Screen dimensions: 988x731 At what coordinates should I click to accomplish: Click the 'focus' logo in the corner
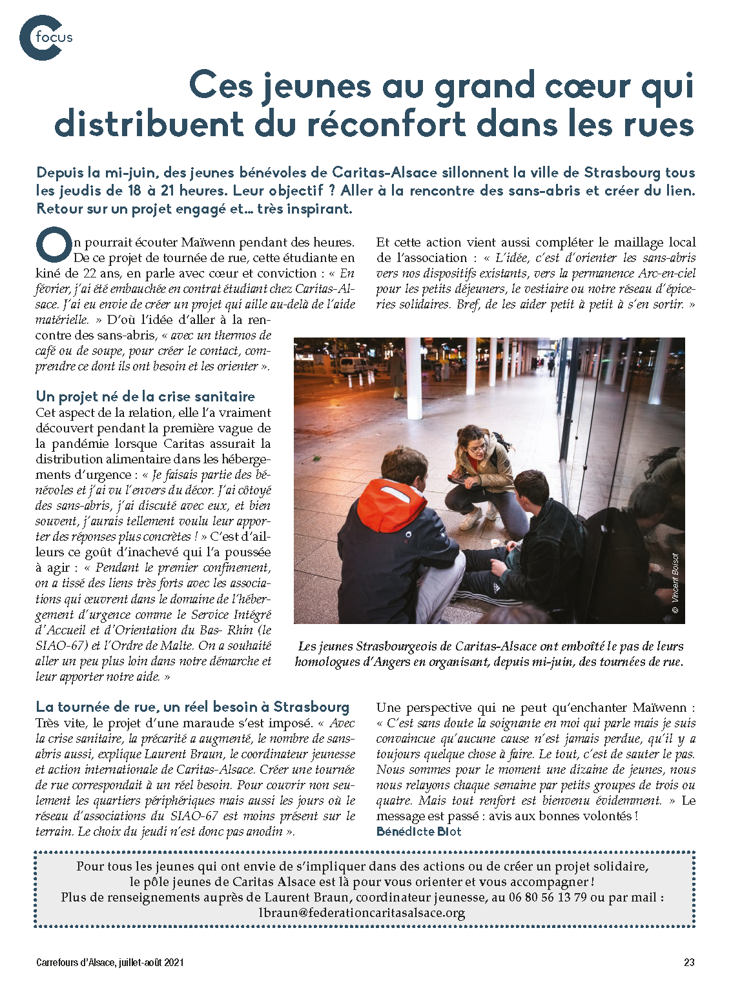coord(45,37)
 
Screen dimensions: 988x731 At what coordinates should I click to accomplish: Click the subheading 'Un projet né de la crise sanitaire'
coord(145,396)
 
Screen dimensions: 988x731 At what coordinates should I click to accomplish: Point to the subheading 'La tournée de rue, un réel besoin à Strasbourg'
coord(192,707)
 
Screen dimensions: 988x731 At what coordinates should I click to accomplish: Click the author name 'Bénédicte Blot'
coord(418,831)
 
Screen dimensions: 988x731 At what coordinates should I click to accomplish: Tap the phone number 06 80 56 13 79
coord(548,897)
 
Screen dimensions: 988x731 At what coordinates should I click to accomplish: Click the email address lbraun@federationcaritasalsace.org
coord(362,912)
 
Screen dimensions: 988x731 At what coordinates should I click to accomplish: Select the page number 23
coord(689,962)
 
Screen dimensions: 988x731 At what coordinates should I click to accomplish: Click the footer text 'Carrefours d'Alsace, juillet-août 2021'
coord(110,962)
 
